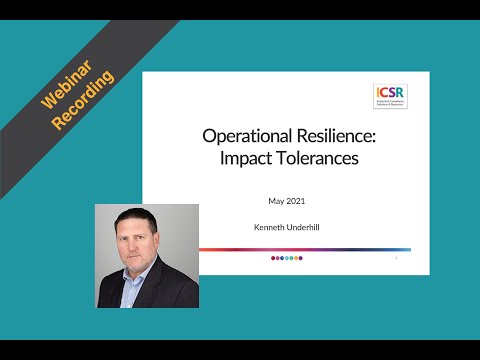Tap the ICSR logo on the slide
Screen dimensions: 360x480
click(389, 96)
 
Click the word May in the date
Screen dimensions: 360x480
click(277, 201)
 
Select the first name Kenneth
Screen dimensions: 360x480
click(270, 228)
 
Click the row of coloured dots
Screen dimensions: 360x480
click(287, 258)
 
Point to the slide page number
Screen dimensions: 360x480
click(397, 258)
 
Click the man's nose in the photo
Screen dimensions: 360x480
click(146, 253)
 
